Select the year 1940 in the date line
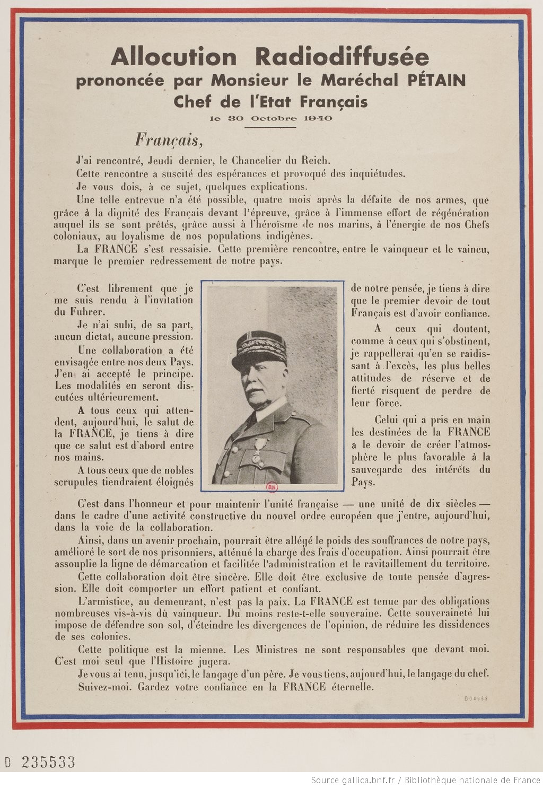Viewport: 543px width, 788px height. (x=319, y=118)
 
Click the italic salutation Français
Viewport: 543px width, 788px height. (x=168, y=140)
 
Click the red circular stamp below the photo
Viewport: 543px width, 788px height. (x=272, y=487)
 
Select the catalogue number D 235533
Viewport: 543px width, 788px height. (x=40, y=763)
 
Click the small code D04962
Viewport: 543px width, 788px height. (x=476, y=698)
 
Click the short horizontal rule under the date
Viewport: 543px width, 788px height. (x=270, y=127)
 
